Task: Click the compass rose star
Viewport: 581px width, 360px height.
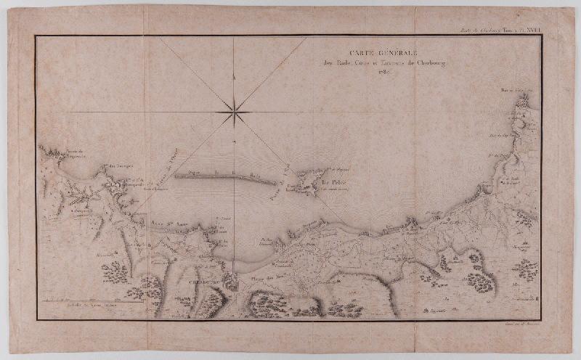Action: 234,112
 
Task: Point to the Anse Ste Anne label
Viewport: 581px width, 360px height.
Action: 166,226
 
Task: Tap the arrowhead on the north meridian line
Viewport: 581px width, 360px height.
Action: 234,75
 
